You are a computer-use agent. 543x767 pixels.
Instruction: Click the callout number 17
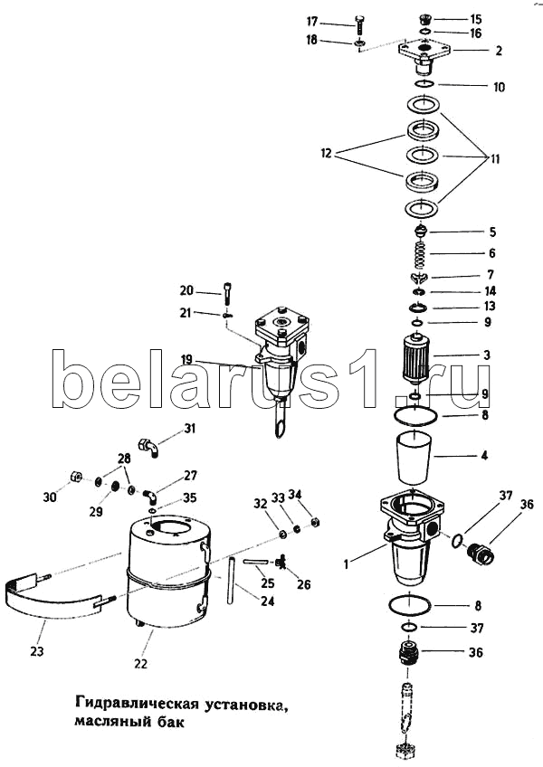click(x=338, y=21)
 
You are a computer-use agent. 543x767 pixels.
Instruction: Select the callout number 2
click(x=498, y=52)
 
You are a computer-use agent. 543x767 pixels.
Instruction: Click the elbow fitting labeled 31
click(x=148, y=444)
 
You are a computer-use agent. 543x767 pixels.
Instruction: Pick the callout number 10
click(x=499, y=88)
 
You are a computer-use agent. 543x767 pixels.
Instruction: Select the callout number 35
click(x=190, y=497)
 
